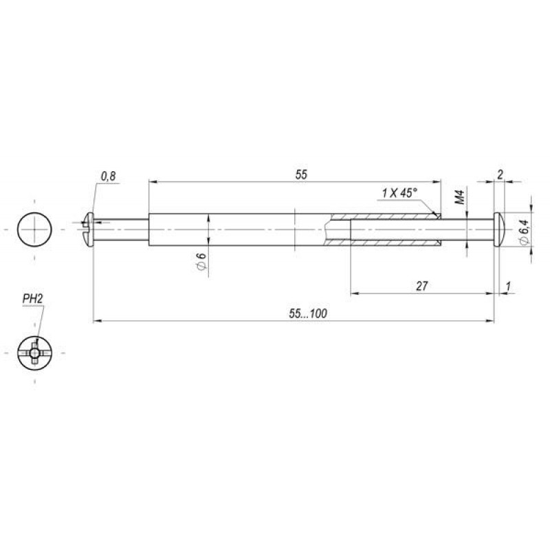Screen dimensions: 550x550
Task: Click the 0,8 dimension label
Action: click(108, 176)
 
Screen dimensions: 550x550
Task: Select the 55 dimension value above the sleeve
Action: click(301, 175)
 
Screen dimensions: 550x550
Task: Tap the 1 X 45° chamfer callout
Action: click(399, 192)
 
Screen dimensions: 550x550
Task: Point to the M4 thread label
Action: click(460, 197)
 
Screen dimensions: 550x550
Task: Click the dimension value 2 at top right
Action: click(500, 175)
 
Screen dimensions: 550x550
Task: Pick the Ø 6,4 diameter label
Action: click(525, 232)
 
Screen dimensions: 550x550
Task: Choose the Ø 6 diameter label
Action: click(201, 261)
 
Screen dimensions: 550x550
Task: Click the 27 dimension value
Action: click(421, 286)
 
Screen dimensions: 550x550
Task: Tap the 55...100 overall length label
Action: click(308, 313)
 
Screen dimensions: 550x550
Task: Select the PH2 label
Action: click(32, 299)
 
